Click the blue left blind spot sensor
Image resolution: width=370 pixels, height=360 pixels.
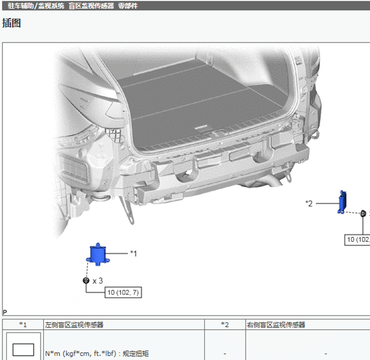click(98, 255)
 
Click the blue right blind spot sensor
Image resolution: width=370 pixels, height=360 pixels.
click(342, 202)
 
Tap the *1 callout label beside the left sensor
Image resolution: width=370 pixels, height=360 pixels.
click(134, 254)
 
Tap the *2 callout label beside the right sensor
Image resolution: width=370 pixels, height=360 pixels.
click(309, 203)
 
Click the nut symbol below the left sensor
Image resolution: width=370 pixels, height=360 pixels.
click(86, 280)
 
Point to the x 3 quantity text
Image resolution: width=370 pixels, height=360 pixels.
click(98, 281)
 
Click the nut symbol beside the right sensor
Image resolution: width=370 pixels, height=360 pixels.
click(363, 213)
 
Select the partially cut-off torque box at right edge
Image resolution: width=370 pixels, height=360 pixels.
click(357, 240)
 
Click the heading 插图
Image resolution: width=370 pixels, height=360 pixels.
click(12, 23)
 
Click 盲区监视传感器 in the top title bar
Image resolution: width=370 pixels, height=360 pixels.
click(91, 6)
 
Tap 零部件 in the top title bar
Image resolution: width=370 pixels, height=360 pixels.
click(128, 6)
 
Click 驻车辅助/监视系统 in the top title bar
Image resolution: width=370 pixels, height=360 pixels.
click(36, 6)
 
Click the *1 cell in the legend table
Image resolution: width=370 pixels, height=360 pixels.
click(23, 325)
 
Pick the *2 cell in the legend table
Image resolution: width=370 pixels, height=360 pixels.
click(225, 325)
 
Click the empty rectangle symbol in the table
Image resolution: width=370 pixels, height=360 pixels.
click(23, 350)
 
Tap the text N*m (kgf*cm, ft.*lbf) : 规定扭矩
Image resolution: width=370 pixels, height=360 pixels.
click(97, 353)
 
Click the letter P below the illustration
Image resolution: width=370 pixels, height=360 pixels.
click(5, 313)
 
